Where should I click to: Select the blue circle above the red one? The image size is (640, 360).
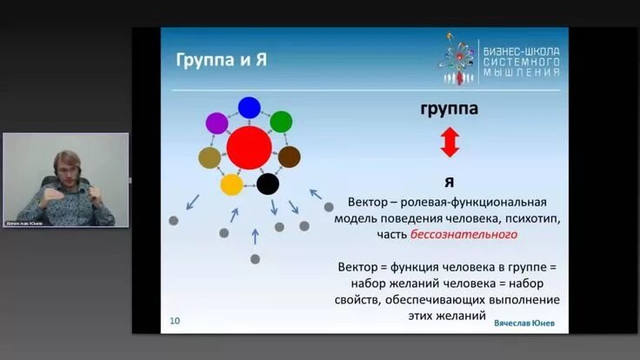[250, 107]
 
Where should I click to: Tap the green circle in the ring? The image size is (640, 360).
[281, 122]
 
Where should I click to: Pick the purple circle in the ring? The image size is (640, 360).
[217, 123]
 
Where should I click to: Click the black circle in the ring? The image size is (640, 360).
[268, 183]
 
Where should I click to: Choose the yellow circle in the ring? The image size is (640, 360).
[231, 184]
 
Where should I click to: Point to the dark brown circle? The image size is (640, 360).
[290, 157]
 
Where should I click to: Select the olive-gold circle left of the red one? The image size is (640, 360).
[210, 157]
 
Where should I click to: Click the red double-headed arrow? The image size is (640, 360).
[449, 142]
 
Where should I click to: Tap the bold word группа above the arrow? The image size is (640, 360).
[449, 110]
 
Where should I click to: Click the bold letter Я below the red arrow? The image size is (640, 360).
[449, 182]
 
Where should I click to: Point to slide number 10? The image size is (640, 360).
[175, 321]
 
